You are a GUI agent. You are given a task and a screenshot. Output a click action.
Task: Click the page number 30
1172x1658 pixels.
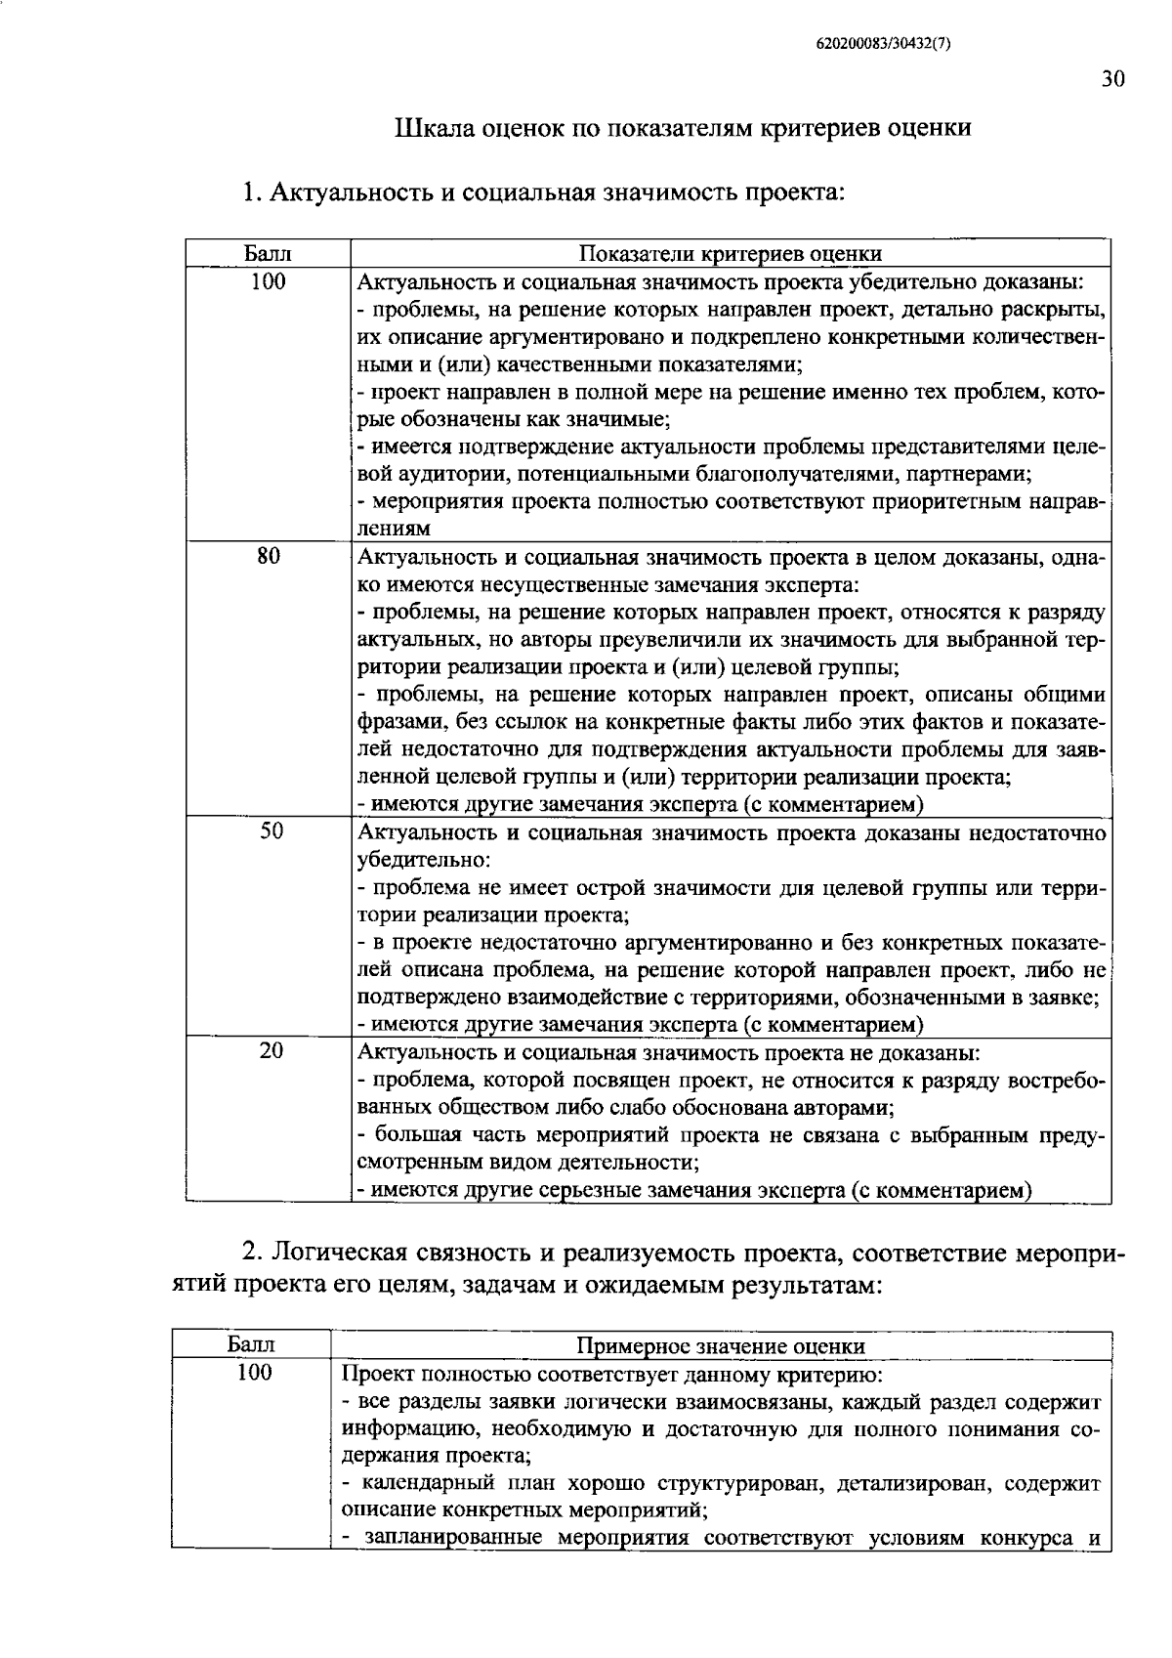[1112, 80]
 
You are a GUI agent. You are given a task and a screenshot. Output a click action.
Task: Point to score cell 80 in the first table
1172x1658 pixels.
[269, 557]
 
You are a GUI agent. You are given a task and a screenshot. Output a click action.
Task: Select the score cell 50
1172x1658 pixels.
[271, 831]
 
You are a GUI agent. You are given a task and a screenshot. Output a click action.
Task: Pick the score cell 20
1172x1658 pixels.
[271, 1051]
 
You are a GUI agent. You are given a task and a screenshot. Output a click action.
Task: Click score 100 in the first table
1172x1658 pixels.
[269, 282]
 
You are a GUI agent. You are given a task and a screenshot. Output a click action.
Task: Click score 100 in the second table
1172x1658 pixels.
[254, 1373]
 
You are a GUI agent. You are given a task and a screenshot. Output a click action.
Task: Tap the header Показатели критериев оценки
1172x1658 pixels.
[731, 254]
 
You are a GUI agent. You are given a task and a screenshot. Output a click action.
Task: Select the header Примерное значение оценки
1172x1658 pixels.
[721, 1346]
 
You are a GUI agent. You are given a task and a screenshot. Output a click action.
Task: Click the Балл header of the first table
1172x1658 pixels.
[268, 254]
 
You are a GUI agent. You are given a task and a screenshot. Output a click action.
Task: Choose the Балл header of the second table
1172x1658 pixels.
[252, 1345]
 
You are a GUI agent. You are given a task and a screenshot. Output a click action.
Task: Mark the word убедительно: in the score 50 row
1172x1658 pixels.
[423, 861]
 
